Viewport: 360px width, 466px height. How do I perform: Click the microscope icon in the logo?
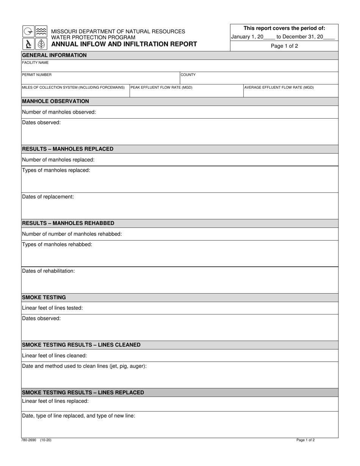tap(28, 44)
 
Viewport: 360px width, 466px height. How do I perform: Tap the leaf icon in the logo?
tap(41, 44)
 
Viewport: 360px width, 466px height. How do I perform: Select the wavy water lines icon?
tap(41, 31)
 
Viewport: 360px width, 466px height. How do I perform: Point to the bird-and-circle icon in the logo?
tap(28, 31)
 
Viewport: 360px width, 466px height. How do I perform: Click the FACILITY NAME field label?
tap(35, 63)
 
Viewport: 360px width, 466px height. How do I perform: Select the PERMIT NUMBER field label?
tap(37, 75)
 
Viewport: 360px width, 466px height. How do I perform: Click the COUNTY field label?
tap(188, 75)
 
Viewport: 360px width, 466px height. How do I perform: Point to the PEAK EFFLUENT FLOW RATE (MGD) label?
tap(161, 88)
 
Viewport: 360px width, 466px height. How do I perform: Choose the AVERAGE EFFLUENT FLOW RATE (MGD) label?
tap(279, 88)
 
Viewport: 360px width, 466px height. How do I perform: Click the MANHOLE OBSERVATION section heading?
tap(56, 101)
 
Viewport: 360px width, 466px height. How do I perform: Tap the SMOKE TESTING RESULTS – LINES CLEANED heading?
tap(81, 345)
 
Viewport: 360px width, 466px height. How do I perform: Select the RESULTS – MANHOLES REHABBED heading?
tap(68, 223)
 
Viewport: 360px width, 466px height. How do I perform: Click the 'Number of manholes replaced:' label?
tap(58, 160)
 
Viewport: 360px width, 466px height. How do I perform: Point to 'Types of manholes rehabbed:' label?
tap(57, 244)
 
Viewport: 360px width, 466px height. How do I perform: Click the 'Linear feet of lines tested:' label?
tap(53, 308)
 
